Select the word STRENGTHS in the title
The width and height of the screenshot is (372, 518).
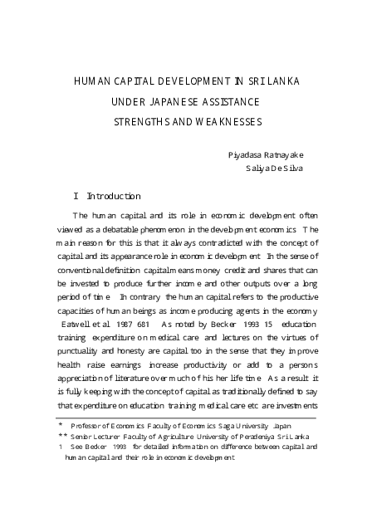144,122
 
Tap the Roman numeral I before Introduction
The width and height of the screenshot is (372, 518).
76,196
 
